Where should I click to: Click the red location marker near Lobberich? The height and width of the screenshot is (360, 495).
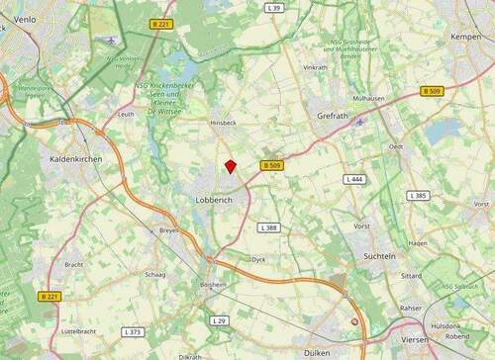pos(230,167)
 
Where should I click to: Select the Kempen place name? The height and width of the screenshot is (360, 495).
pos(464,37)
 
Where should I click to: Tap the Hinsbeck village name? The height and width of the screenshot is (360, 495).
pos(224,123)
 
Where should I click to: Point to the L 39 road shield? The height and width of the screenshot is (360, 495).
pos(274,8)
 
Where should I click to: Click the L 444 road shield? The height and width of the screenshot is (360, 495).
pos(354,179)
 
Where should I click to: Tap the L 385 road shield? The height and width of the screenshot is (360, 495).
pos(418,196)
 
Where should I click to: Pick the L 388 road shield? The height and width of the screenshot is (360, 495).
pos(268,227)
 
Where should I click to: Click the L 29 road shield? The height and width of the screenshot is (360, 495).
pos(220,321)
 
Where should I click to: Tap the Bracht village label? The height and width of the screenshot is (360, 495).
pos(73,265)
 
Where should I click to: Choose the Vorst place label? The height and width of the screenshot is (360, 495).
pos(361,225)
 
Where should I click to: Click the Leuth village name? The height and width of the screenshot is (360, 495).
pos(126,115)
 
